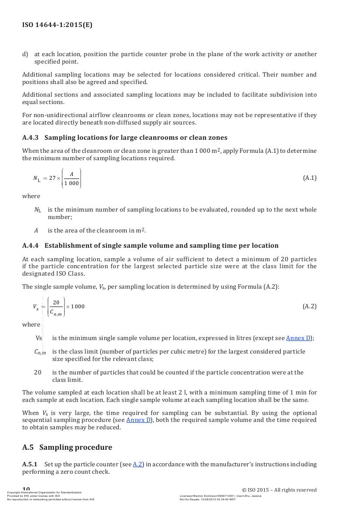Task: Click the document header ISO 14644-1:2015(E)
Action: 57,25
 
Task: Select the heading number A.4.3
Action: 30,138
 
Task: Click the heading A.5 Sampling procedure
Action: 67,447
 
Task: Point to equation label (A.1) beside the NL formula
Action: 310,178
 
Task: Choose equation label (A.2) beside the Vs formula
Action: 310,306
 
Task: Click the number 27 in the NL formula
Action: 53,178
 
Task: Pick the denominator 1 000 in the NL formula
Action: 71,183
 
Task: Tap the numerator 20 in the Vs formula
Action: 56,302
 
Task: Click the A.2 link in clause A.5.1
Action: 138,465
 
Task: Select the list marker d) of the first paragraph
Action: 25,54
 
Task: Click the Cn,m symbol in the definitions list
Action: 40,352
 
